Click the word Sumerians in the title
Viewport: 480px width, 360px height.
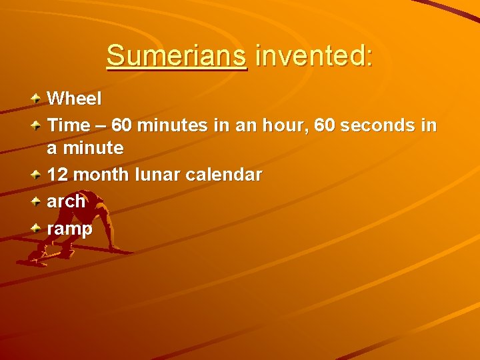click(176, 55)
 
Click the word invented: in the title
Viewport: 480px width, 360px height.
click(313, 55)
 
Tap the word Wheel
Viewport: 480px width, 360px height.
click(75, 99)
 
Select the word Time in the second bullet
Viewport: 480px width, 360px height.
click(68, 125)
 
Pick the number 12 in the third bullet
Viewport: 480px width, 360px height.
click(57, 175)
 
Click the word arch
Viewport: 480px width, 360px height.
click(66, 201)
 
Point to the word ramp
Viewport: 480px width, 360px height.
click(70, 229)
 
